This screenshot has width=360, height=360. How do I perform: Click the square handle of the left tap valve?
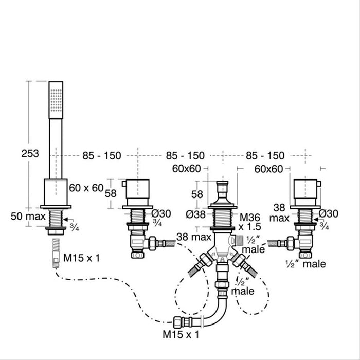139,193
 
